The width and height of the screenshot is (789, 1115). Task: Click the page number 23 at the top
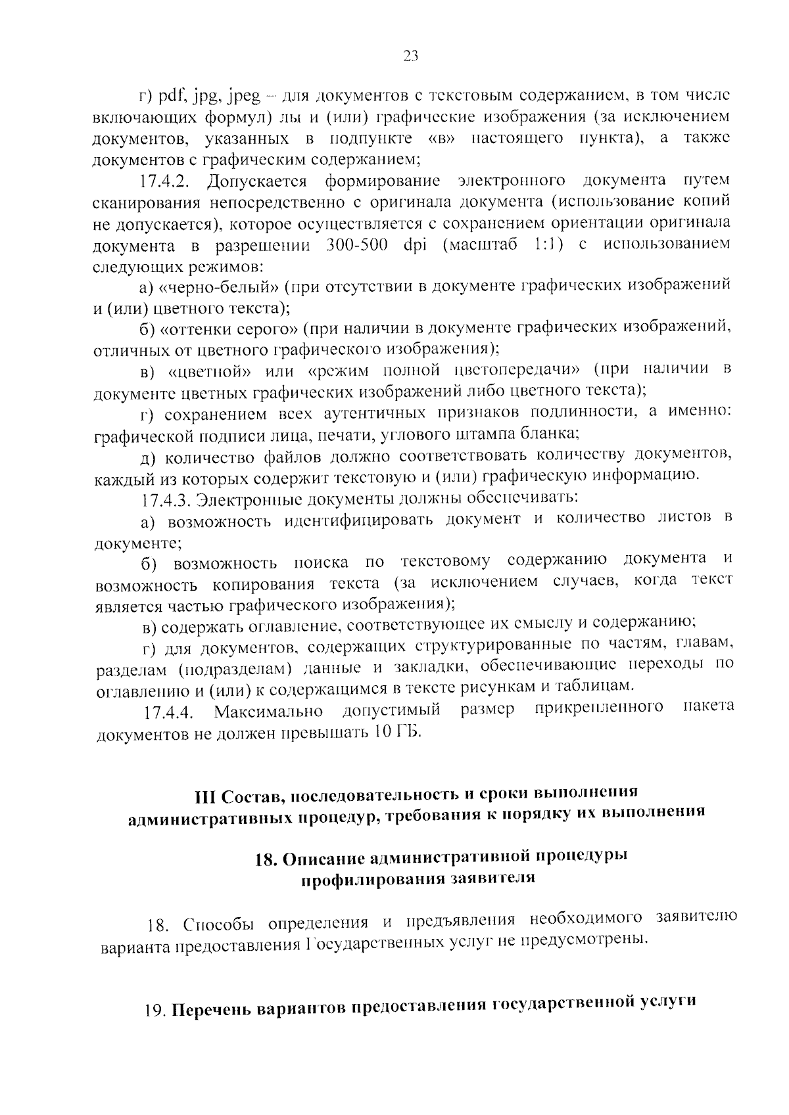pos(410,57)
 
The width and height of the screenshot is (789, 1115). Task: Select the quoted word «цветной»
pos(210,370)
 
